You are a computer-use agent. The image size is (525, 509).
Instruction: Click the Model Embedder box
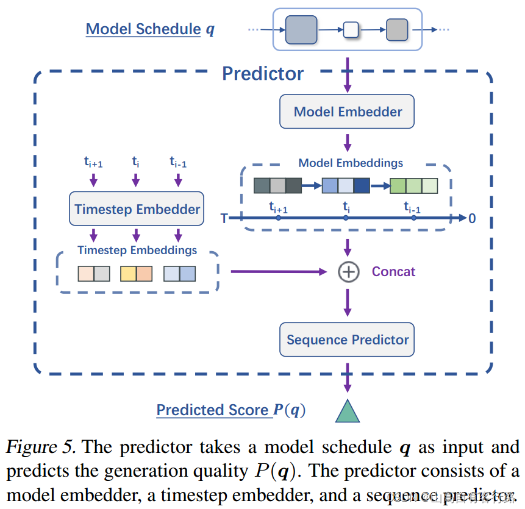(347, 112)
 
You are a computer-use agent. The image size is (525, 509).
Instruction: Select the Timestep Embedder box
(137, 210)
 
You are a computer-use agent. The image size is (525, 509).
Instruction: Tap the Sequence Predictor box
(347, 340)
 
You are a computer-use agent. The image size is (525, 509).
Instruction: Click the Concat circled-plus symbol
(348, 272)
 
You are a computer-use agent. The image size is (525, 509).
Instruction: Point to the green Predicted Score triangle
(348, 411)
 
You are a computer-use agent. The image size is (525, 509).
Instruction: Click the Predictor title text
(262, 74)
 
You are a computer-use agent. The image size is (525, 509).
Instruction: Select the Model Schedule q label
(150, 29)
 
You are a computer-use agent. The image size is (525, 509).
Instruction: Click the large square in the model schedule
(301, 29)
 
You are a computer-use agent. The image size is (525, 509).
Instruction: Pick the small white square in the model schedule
(351, 29)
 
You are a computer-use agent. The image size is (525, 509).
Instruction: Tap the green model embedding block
(414, 185)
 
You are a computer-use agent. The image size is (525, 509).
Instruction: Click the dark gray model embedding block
(277, 185)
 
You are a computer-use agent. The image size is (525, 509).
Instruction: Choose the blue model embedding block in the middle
(346, 185)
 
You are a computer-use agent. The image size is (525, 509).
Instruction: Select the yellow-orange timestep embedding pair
(136, 274)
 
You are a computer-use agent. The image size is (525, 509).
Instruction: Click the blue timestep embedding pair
(179, 274)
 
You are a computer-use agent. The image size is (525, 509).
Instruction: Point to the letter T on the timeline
(224, 218)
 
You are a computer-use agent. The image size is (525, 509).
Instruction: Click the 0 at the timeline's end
(472, 218)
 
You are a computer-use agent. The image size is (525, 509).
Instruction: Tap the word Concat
(393, 272)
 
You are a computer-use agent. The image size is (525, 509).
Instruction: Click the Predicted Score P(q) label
(230, 410)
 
